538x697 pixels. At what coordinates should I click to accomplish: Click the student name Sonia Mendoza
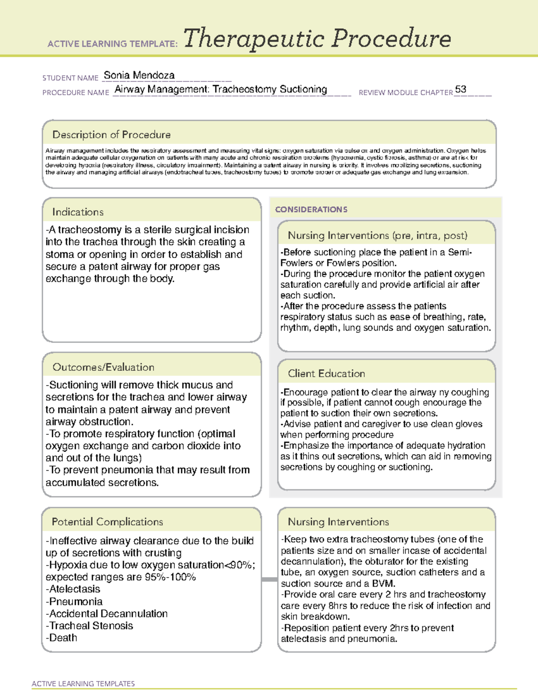coord(139,75)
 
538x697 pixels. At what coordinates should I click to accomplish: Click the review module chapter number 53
coord(460,89)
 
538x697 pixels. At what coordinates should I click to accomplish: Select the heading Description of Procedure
coord(111,135)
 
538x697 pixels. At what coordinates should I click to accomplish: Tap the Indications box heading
coord(78,212)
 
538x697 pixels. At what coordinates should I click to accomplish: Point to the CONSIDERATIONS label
coord(311,210)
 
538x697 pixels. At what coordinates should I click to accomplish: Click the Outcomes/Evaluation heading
coord(103,367)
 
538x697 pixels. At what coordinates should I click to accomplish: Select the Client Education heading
coord(326,373)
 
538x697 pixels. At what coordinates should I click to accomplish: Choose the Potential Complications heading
coord(107,522)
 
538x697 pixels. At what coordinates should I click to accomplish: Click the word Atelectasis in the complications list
coord(74,589)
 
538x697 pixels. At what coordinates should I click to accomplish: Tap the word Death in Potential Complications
coord(63,638)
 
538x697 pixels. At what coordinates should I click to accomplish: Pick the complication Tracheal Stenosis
coord(91,626)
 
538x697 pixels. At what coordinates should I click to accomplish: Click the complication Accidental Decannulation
coord(108,614)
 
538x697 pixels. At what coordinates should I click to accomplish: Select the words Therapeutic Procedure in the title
coord(317,39)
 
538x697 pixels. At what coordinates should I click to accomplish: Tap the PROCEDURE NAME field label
coord(76,93)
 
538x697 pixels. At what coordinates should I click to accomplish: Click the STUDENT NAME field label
coord(70,78)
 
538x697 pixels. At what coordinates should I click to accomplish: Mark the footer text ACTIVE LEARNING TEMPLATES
coord(83,684)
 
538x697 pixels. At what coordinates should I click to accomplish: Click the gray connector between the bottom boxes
coord(269,579)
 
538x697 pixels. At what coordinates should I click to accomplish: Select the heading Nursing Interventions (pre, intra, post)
coord(377,236)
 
